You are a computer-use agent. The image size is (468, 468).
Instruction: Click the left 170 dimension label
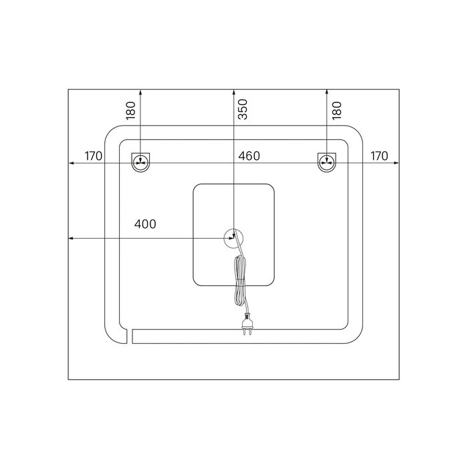coord(94,156)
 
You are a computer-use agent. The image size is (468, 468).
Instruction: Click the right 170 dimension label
coord(379,156)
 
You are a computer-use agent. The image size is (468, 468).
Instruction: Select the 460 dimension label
coord(249,156)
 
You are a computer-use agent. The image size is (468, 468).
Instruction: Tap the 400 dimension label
coord(145,224)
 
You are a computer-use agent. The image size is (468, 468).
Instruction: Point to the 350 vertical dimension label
coord(243,109)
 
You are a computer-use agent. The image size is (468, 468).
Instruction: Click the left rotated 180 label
coord(130,111)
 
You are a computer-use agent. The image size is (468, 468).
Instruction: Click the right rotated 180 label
coord(336,111)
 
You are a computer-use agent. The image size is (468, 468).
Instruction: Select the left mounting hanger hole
coord(140,162)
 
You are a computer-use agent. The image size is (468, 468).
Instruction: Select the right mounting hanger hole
coord(327,162)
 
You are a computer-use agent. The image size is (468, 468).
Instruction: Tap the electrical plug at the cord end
coord(247,324)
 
